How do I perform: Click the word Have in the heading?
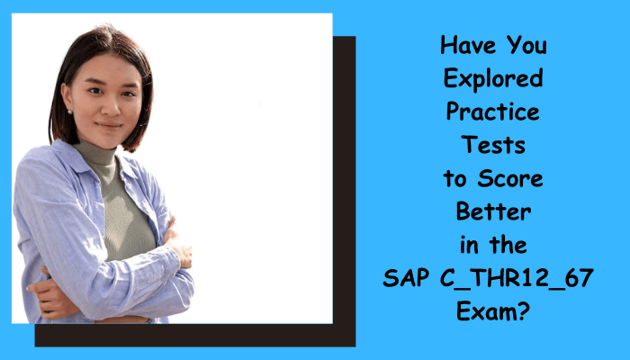coord(469,45)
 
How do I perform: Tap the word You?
coord(526,45)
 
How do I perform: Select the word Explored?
coord(493,79)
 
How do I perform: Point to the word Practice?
coord(493,112)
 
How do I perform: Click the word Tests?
coord(493,145)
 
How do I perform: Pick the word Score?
coord(510,178)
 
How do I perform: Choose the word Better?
coord(493,211)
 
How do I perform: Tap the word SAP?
coord(406,277)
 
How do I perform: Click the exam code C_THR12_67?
coord(517,278)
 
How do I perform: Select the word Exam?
coord(493,311)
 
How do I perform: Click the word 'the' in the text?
coord(508,245)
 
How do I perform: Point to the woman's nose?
coord(109,105)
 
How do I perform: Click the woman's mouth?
coord(109,126)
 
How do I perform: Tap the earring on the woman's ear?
coord(70,112)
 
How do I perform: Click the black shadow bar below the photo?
coord(195,335)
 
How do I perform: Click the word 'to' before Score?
coord(455,179)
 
